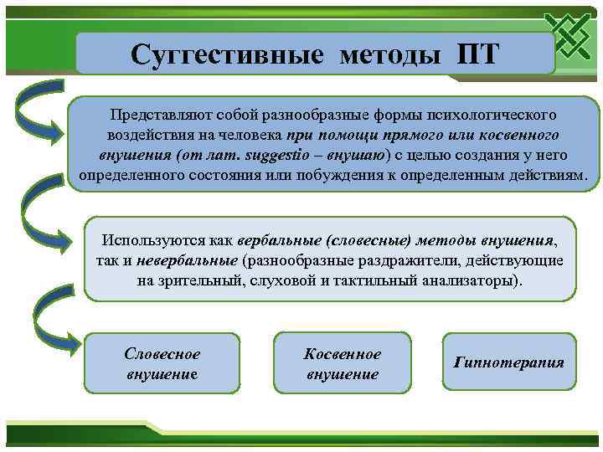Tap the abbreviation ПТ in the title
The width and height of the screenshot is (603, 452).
[477, 54]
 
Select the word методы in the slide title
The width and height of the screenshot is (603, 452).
[389, 54]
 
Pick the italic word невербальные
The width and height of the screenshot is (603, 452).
[187, 260]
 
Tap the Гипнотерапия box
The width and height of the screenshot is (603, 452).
[508, 362]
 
